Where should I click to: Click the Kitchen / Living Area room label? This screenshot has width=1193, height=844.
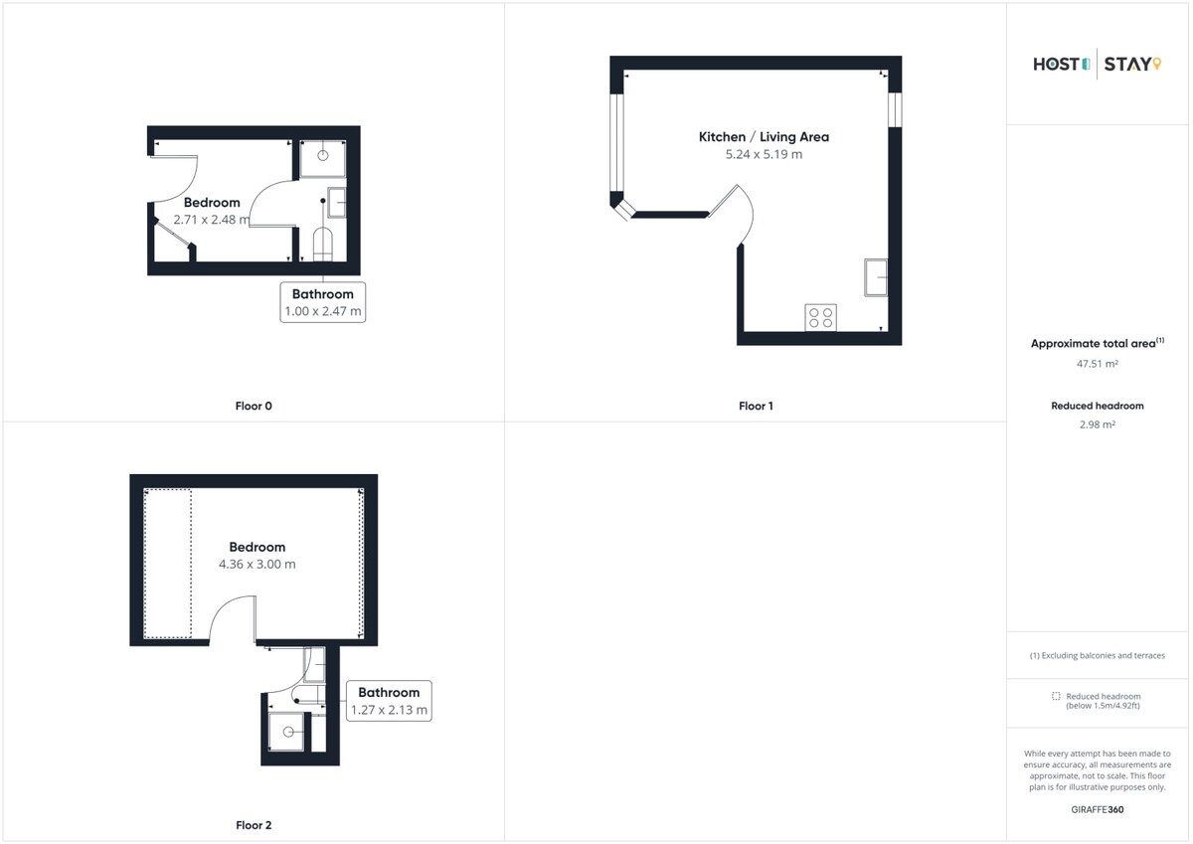(x=764, y=137)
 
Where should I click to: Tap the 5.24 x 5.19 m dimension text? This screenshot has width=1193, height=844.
(x=764, y=154)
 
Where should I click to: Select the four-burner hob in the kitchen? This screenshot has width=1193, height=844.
(x=821, y=317)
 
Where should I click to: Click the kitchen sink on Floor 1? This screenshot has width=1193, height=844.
(x=876, y=277)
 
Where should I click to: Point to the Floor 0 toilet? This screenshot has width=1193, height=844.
(x=323, y=245)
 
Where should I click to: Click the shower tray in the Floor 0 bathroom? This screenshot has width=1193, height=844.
(x=323, y=159)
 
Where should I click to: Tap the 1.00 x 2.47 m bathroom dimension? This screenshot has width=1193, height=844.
(x=323, y=311)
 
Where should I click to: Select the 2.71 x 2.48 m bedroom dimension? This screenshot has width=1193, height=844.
(x=212, y=220)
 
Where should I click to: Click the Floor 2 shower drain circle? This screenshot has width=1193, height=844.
(x=288, y=733)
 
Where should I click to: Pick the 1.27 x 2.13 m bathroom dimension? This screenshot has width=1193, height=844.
(x=389, y=710)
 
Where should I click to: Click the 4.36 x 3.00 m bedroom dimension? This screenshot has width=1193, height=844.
(x=257, y=565)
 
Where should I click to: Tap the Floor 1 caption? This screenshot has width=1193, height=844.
(x=756, y=407)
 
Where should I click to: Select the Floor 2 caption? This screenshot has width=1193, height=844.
(x=254, y=825)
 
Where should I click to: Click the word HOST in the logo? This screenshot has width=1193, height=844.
(x=1057, y=65)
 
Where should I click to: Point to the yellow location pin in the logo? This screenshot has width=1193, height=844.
(x=1157, y=64)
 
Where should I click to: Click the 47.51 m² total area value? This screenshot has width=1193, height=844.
(x=1098, y=364)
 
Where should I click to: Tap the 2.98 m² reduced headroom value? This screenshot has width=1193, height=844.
(x=1098, y=424)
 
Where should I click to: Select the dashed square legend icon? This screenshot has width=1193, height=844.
(x=1056, y=696)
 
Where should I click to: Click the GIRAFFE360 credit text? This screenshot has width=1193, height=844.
(x=1098, y=810)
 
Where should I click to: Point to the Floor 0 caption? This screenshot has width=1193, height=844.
(x=254, y=407)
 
